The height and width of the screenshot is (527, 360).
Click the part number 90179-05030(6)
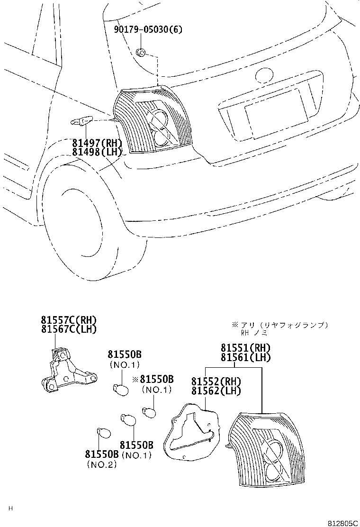[x=148, y=30]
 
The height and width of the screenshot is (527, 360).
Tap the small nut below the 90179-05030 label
[x=141, y=52]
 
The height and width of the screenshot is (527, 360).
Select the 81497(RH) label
[x=97, y=143]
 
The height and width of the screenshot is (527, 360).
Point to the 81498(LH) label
[x=97, y=152]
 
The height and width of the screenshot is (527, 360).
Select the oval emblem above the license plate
[x=265, y=75]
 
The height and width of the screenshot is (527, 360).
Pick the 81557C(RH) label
[x=69, y=320]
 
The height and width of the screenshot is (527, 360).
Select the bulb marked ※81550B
[x=149, y=412]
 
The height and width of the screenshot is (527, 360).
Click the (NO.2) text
[x=101, y=465]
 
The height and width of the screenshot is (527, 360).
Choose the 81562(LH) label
[x=216, y=391]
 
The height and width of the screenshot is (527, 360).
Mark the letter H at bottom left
[x=10, y=509]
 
